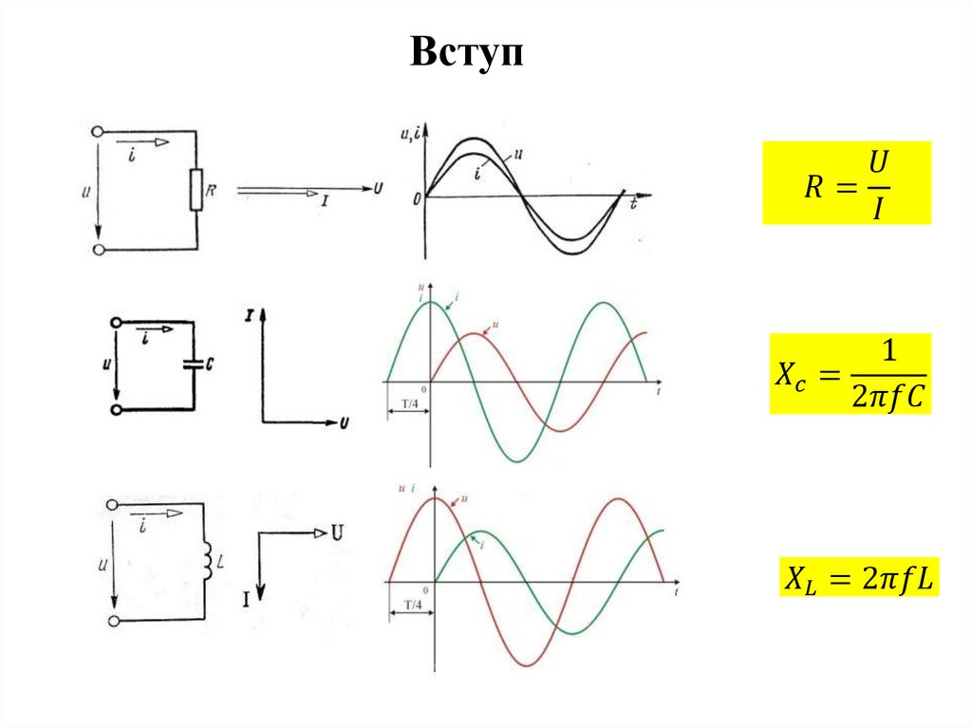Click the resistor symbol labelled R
(196, 191)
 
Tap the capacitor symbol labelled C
(193, 363)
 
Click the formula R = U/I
(846, 183)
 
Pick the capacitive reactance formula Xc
(850, 374)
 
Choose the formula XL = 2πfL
(858, 577)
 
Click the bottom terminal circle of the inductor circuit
(114, 621)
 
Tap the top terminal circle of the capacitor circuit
(117, 323)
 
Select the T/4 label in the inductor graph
(413, 604)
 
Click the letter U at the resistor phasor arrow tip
(379, 188)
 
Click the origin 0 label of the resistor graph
(416, 198)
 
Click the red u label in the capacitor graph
(495, 326)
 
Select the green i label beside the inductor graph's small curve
(484, 545)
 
